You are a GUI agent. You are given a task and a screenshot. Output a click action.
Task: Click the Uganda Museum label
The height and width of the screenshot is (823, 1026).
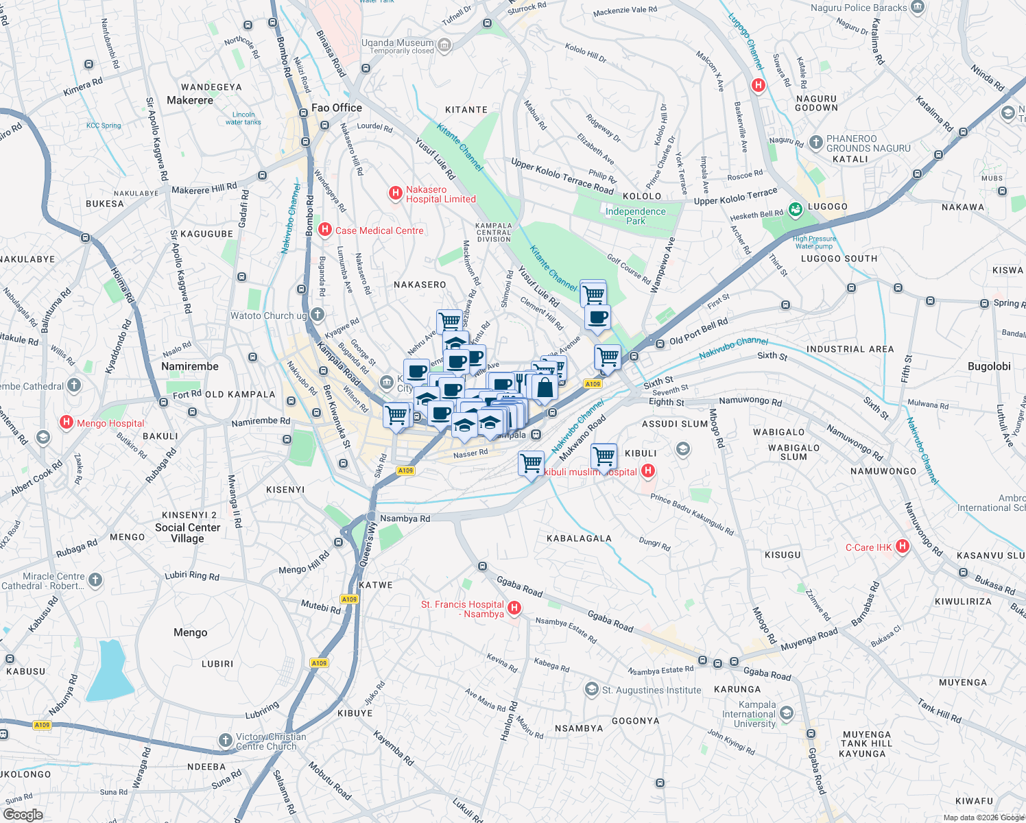tap(398, 43)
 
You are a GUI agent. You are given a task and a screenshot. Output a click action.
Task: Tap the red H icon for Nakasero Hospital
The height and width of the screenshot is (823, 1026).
tap(396, 193)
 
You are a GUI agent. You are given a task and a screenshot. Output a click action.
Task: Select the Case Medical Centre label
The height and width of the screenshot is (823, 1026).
tap(379, 230)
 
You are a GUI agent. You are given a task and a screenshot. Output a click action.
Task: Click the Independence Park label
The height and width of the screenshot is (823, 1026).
tap(635, 216)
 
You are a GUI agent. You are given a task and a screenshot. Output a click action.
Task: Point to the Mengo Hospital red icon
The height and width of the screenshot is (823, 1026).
tap(67, 422)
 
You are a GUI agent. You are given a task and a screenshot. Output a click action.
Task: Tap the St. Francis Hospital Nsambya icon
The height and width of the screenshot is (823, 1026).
tap(514, 608)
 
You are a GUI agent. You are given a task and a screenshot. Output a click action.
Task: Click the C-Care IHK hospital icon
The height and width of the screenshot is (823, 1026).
tap(903, 547)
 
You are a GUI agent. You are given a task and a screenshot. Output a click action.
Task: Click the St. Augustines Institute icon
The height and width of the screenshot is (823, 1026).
tap(591, 689)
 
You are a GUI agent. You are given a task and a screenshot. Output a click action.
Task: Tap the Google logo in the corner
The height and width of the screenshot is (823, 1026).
tap(23, 814)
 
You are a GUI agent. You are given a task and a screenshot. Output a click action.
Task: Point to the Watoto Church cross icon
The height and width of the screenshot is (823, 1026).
tap(317, 315)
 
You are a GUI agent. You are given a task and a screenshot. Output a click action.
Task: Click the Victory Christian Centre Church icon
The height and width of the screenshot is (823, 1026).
tap(226, 740)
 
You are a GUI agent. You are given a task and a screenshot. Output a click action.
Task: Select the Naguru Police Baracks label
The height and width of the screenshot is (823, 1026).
tap(859, 8)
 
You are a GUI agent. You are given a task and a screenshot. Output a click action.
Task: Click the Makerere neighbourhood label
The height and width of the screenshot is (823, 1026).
tap(190, 100)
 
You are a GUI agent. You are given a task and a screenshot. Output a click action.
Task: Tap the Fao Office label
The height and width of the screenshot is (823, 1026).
tap(336, 108)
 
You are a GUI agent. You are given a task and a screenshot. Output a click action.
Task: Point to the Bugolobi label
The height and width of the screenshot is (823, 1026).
tap(988, 366)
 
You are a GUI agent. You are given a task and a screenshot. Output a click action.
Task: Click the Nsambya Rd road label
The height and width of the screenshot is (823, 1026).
tap(405, 518)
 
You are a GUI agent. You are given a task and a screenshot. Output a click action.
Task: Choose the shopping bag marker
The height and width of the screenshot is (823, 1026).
tap(545, 387)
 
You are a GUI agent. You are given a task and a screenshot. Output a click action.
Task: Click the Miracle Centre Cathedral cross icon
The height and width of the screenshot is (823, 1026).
tap(95, 580)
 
